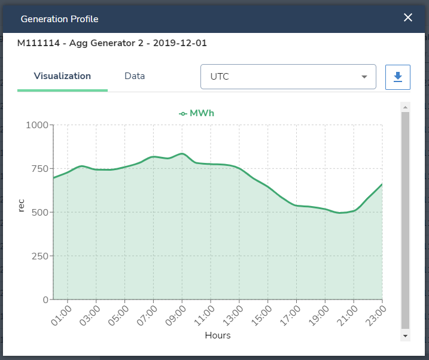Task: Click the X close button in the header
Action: pos(408,17)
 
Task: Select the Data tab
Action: pos(135,76)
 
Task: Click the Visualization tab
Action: pos(62,76)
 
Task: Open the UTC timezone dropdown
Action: pos(288,77)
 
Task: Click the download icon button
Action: pos(398,77)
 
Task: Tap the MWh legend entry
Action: pos(197,113)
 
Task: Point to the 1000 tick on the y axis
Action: pos(36,125)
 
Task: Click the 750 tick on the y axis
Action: pos(39,169)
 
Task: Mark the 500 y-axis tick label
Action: pos(39,213)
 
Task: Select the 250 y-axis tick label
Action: pos(39,256)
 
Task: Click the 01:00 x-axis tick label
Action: pos(62,315)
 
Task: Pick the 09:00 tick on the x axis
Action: pos(177,315)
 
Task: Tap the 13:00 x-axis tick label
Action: pos(235,315)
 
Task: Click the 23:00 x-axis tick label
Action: pos(377,315)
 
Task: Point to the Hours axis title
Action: pos(218,335)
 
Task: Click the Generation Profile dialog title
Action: pos(59,19)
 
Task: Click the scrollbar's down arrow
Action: pos(405,336)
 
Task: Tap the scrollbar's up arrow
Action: pos(405,107)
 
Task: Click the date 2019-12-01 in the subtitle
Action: pos(181,43)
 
